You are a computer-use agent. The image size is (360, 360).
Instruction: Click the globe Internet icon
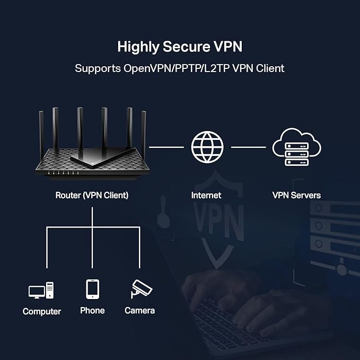tap(207, 147)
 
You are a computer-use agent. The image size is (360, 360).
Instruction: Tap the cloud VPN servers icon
tap(296, 147)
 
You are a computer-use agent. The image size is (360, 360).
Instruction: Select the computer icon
tap(41, 291)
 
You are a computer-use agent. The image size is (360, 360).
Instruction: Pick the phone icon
tap(92, 289)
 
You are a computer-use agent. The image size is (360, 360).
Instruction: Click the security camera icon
tap(141, 289)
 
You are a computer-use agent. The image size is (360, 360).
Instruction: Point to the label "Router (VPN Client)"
tap(92, 195)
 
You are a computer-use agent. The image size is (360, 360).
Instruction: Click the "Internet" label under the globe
tap(206, 195)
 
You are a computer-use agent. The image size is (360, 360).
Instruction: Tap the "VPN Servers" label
tap(296, 195)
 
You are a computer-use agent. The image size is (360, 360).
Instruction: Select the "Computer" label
tap(42, 311)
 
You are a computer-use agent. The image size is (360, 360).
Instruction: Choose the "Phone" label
tap(92, 310)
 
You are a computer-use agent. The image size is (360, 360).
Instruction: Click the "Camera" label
tap(139, 310)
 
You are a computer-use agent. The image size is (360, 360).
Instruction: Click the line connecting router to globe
tap(167, 147)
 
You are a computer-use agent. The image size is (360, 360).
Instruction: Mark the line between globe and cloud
tap(248, 147)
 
